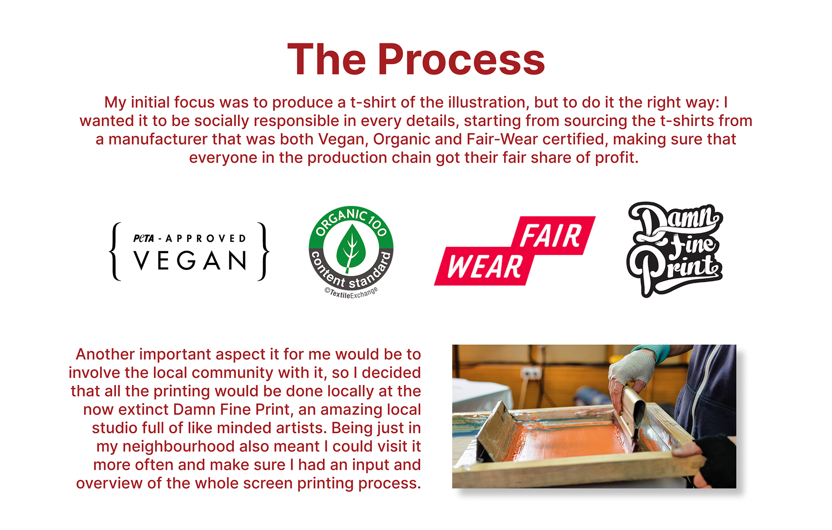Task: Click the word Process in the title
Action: coord(461,60)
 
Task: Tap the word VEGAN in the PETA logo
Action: coord(190,260)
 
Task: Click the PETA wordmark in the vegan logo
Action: coord(143,238)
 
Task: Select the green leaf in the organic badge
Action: coord(351,249)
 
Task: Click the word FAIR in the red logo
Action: coord(550,236)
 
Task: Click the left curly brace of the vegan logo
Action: coord(115,251)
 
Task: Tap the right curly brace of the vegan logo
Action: coord(263,251)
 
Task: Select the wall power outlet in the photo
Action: coord(532,372)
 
